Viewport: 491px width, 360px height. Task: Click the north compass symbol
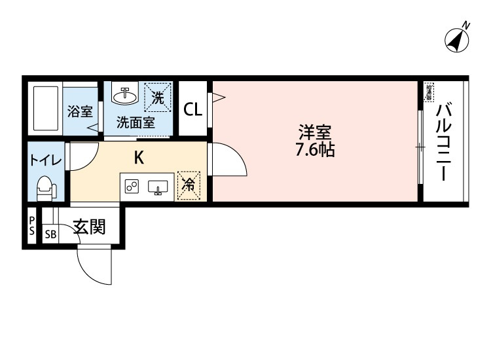tap(458, 39)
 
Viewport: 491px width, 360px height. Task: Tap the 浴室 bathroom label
tap(80, 111)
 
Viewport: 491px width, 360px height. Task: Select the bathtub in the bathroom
tap(45, 108)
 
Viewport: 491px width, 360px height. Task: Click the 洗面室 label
tap(136, 122)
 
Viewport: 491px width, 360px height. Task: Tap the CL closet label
tap(192, 109)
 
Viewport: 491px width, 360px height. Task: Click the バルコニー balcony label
tap(444, 141)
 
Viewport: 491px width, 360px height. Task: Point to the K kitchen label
tap(139, 157)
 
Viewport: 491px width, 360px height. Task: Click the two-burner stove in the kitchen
tap(132, 187)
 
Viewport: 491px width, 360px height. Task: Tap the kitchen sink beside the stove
tap(158, 188)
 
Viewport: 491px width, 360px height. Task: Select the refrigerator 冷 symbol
tap(189, 186)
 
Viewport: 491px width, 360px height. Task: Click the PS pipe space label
tap(31, 226)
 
